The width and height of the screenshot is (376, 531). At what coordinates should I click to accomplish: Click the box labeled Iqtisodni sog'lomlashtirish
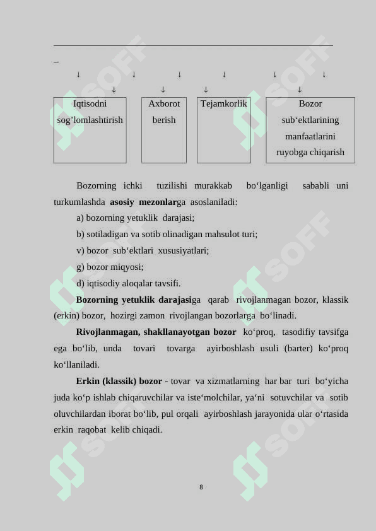(90, 129)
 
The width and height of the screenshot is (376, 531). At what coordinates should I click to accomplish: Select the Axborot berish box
(164, 129)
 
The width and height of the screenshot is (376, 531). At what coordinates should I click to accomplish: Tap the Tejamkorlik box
(224, 129)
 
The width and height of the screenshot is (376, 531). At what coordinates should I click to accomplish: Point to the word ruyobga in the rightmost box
(297, 153)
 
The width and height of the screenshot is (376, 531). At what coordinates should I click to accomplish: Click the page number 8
(201, 487)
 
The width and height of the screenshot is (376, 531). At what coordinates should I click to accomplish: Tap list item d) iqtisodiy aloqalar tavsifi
(128, 283)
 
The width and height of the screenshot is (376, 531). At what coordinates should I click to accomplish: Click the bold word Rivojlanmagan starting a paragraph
(103, 332)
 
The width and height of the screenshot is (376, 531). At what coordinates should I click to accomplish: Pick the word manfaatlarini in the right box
(310, 136)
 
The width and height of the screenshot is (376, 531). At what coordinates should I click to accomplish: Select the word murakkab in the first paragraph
(213, 185)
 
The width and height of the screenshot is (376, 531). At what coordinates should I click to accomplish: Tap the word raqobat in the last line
(95, 430)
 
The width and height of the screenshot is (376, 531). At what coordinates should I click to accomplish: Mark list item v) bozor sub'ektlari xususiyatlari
(143, 250)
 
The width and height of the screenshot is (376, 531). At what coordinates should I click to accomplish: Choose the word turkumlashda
(79, 202)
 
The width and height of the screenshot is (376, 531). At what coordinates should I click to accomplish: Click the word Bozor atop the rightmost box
(310, 103)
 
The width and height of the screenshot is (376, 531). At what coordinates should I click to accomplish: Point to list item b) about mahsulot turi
(167, 234)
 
